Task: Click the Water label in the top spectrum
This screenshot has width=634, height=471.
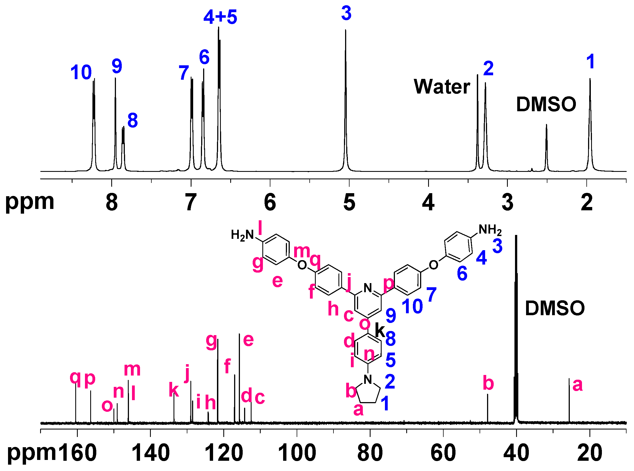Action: point(441,87)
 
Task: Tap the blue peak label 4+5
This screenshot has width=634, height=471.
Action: point(220,17)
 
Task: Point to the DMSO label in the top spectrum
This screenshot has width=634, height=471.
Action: point(546,104)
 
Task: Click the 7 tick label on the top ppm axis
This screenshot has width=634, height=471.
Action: point(191,202)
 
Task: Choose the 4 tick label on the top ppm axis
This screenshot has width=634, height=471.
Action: point(428,202)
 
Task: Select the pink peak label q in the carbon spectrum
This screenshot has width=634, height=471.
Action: point(75,377)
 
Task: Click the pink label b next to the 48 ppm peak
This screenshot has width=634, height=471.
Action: point(488,383)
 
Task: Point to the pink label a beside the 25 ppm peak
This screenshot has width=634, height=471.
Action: point(578,385)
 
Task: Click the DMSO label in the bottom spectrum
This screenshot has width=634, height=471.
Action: point(555,309)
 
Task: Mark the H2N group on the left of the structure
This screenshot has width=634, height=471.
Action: point(242,235)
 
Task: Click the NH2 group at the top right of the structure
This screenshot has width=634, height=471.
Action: point(490,229)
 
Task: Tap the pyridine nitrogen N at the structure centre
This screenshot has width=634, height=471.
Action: point(368,288)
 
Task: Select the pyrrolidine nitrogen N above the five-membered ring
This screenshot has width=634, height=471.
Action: point(368,379)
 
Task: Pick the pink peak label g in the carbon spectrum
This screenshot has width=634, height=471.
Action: point(211,341)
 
